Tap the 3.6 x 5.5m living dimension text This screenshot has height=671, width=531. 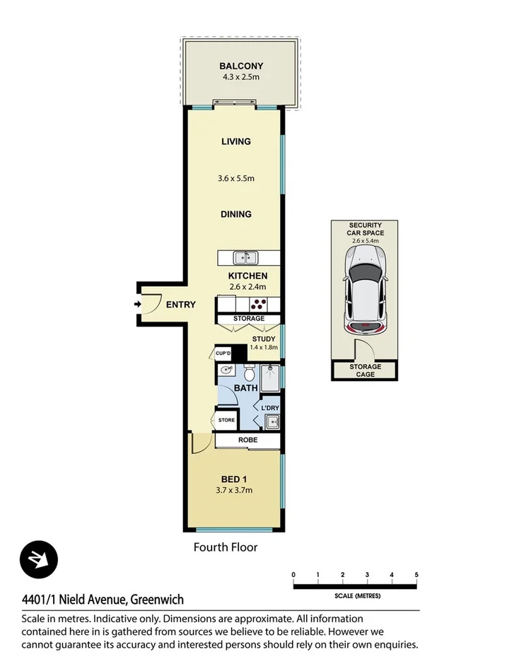(x=236, y=179)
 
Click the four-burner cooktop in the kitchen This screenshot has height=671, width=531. (x=259, y=304)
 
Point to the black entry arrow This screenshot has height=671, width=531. (x=136, y=305)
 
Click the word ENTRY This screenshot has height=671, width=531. (x=180, y=305)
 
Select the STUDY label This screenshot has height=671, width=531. (x=263, y=339)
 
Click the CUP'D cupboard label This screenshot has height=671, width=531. (x=223, y=353)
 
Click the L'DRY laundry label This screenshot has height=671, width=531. (x=269, y=409)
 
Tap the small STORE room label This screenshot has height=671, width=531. (x=226, y=420)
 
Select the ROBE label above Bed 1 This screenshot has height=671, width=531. (x=248, y=440)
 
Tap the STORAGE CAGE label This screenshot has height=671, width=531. (x=365, y=370)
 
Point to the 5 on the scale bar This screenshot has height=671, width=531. (x=416, y=574)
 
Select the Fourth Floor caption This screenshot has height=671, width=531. (x=226, y=547)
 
